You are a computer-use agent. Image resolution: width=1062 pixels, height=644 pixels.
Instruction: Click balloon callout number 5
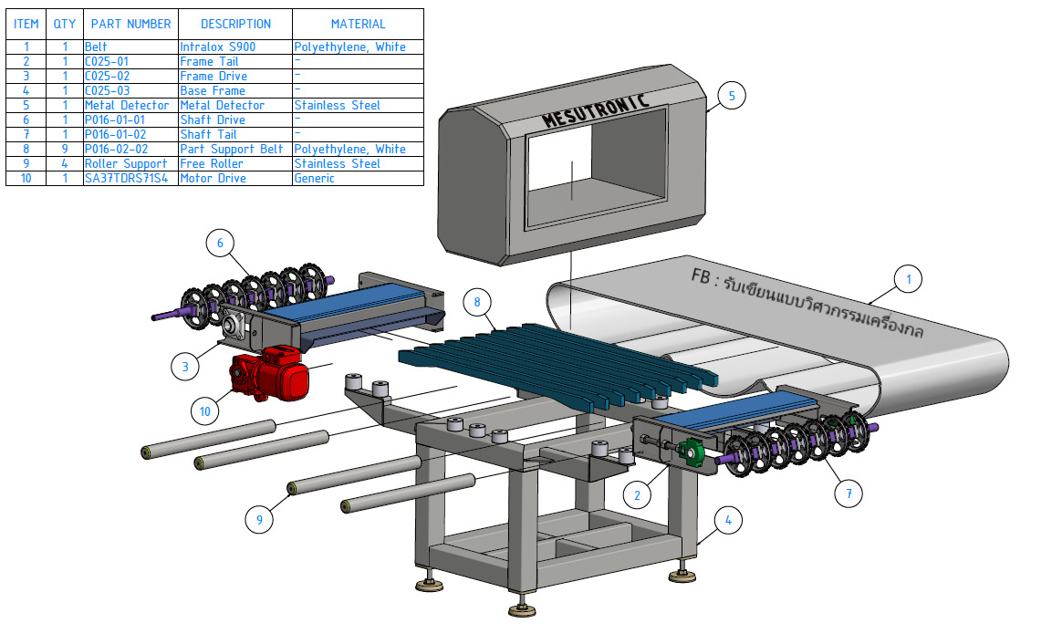(732, 95)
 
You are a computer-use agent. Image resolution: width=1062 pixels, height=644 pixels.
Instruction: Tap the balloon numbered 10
(205, 411)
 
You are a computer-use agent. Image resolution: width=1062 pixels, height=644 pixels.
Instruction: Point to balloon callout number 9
(259, 520)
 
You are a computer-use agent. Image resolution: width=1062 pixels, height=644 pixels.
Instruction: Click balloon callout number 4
(727, 521)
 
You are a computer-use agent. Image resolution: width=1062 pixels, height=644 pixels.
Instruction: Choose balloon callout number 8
(477, 300)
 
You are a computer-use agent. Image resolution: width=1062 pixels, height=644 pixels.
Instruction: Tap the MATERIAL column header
(358, 24)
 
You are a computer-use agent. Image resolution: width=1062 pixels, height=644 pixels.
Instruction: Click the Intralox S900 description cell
(234, 47)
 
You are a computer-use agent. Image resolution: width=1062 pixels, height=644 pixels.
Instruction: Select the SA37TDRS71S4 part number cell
(130, 178)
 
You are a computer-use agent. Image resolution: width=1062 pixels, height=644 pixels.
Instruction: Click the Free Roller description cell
(234, 163)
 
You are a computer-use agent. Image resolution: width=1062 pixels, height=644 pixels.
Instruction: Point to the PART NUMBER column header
(130, 24)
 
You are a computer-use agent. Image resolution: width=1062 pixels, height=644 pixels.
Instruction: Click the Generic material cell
(358, 178)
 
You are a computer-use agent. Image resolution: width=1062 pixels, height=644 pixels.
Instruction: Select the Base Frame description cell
(234, 90)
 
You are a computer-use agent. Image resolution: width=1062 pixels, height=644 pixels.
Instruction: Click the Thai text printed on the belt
(807, 303)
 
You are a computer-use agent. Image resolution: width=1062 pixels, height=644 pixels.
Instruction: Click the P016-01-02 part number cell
(130, 134)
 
